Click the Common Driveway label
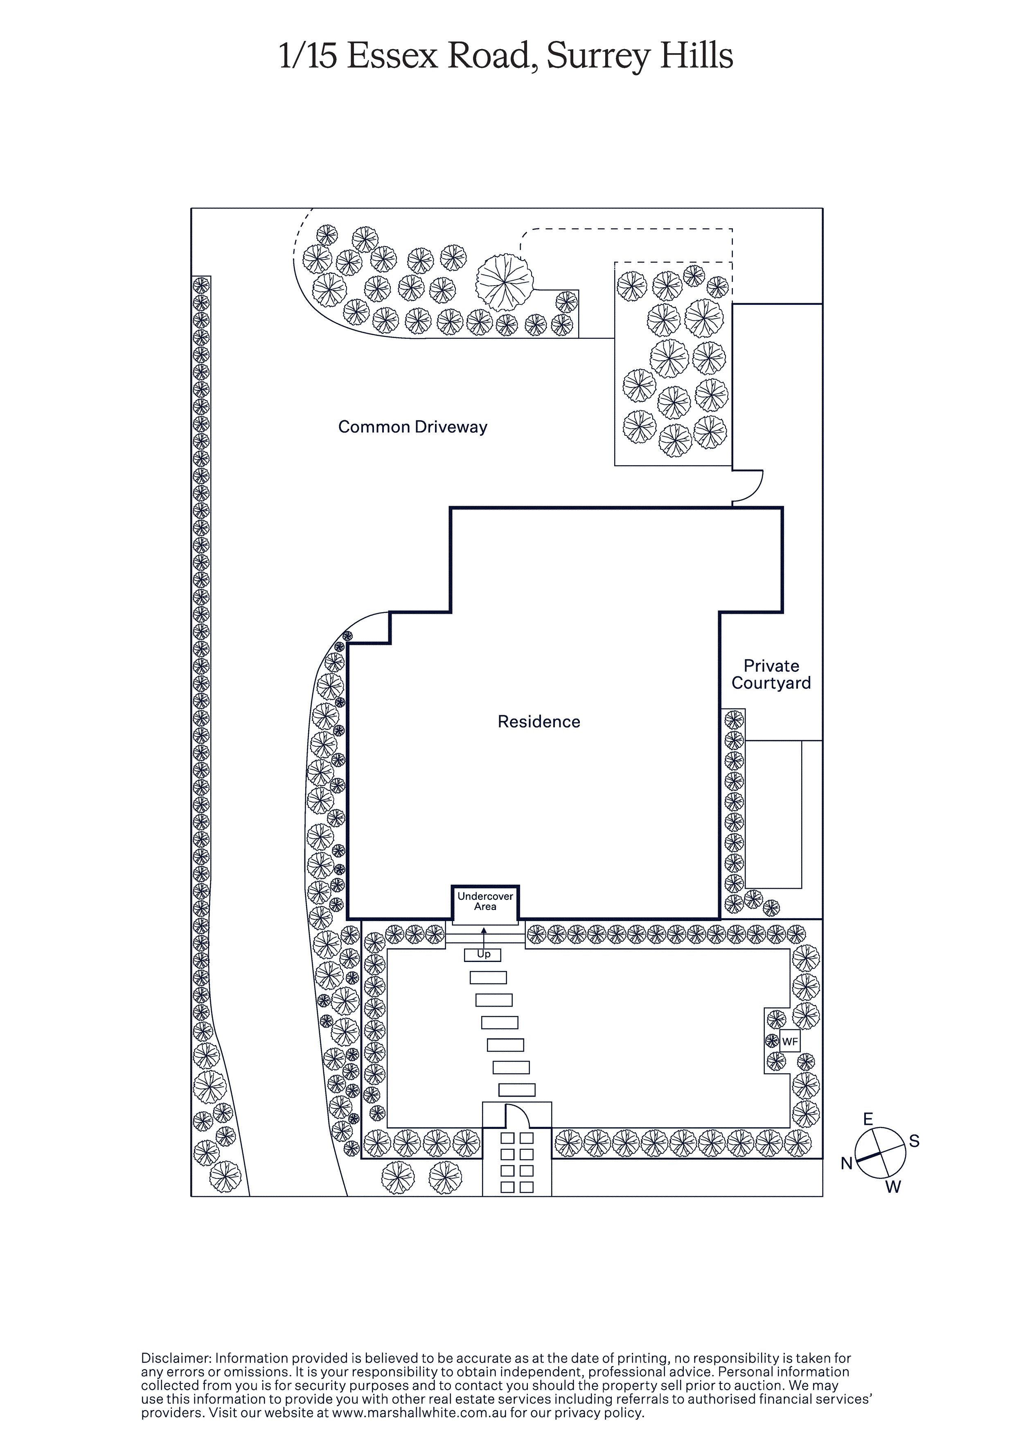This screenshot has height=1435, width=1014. [412, 427]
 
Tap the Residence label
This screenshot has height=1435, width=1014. [539, 721]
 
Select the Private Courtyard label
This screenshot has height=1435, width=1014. [771, 674]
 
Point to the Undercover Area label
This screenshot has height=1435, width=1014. [485, 901]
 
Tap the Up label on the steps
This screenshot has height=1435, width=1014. [484, 954]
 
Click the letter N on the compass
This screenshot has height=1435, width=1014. [847, 1163]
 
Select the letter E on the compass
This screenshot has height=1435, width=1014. [868, 1120]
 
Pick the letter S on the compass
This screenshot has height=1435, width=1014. [914, 1141]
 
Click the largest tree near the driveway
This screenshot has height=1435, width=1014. [505, 282]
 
